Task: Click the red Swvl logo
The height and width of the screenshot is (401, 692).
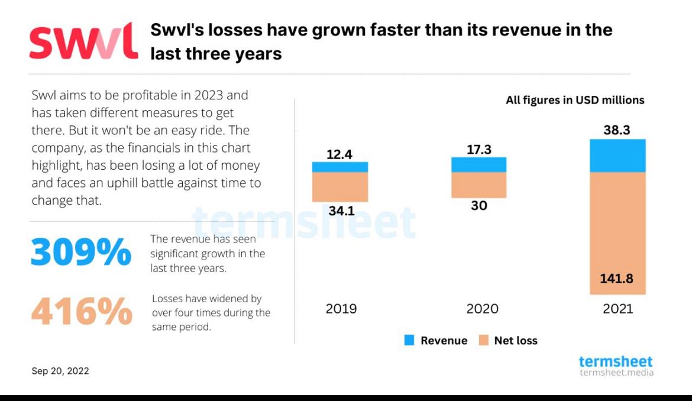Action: [x=83, y=41]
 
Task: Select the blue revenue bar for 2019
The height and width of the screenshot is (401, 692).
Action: [x=340, y=167]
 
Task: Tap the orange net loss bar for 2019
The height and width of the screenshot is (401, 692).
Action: [x=340, y=187]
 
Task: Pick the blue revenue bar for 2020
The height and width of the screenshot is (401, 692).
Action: [x=478, y=164]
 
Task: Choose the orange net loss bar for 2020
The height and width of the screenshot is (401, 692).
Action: [x=478, y=185]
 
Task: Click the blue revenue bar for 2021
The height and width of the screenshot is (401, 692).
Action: [x=617, y=156]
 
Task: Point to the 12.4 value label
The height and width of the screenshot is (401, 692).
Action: [x=339, y=154]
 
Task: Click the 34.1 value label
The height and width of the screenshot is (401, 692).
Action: [x=341, y=210]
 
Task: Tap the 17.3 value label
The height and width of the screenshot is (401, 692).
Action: [x=479, y=150]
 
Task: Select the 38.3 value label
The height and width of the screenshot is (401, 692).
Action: [x=617, y=131]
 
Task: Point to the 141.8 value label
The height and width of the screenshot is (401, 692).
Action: [x=617, y=279]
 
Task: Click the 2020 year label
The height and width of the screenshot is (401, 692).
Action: [x=482, y=309]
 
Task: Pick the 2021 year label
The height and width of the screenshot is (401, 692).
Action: [x=617, y=309]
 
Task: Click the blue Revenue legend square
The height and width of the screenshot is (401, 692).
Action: [x=409, y=340]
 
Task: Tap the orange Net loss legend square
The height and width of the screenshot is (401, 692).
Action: [x=484, y=340]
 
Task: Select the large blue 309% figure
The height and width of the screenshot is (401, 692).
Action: [x=81, y=253]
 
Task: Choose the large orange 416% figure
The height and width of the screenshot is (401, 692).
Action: [x=81, y=312]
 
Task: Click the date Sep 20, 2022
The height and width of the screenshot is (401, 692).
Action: [x=60, y=371]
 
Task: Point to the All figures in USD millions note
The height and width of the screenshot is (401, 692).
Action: [x=575, y=100]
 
